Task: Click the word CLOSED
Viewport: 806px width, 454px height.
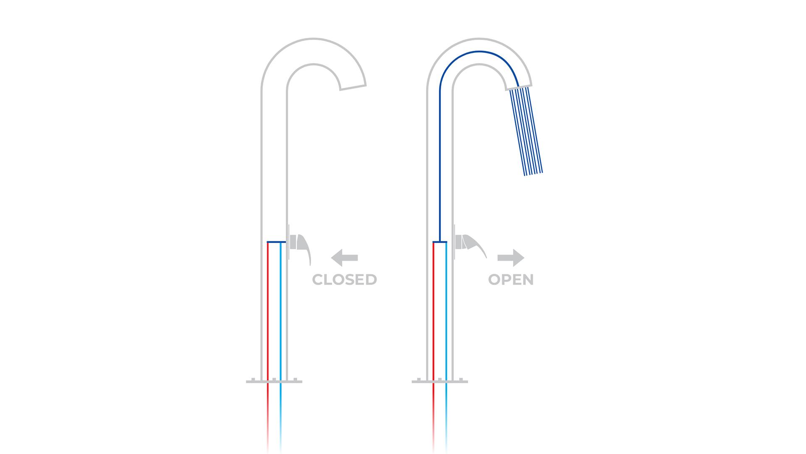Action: (344, 280)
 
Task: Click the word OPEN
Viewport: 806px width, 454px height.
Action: (510, 280)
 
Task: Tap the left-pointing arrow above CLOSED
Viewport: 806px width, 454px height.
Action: (344, 258)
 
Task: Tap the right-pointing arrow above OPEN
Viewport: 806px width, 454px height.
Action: (511, 258)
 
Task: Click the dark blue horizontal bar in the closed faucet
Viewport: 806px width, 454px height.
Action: (276, 242)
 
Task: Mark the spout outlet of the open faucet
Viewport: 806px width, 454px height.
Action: (519, 87)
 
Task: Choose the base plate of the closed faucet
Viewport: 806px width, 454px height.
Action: (274, 381)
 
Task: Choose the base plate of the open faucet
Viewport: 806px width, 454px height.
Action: (440, 381)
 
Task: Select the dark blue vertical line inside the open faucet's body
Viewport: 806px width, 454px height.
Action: (440, 168)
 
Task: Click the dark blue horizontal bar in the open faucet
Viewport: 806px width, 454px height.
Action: (440, 242)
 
